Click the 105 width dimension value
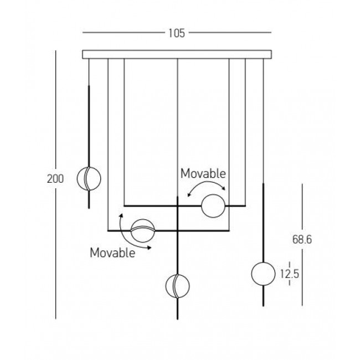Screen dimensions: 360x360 [x=177, y=33]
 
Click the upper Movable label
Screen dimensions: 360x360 [x=203, y=173]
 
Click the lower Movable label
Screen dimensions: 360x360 [x=112, y=254]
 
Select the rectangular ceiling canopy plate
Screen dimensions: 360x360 [x=177, y=54]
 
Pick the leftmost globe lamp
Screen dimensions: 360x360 [x=89, y=178]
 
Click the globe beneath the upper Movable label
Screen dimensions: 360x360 [x=213, y=206]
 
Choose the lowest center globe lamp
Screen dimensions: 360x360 [x=177, y=286]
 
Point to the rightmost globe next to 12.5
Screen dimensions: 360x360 [x=263, y=274]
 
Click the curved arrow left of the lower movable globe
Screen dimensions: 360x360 [x=131, y=233]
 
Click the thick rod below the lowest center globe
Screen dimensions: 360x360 [x=177, y=308]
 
